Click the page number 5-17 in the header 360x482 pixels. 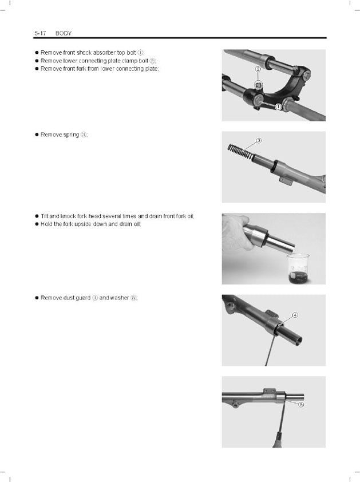40,33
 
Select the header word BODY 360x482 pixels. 64,33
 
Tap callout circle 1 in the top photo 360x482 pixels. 278,106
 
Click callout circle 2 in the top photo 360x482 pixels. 258,69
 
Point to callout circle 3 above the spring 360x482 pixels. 259,140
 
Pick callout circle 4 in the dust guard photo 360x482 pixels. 295,315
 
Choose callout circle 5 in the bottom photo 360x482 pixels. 302,405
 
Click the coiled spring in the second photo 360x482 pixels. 241,152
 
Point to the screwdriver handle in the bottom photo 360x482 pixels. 278,440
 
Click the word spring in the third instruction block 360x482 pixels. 71,135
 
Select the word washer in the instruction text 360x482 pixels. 120,298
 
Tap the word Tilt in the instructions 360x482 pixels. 44,216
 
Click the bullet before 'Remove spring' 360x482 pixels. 37,135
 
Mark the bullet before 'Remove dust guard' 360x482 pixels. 37,298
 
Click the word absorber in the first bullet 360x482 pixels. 105,53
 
